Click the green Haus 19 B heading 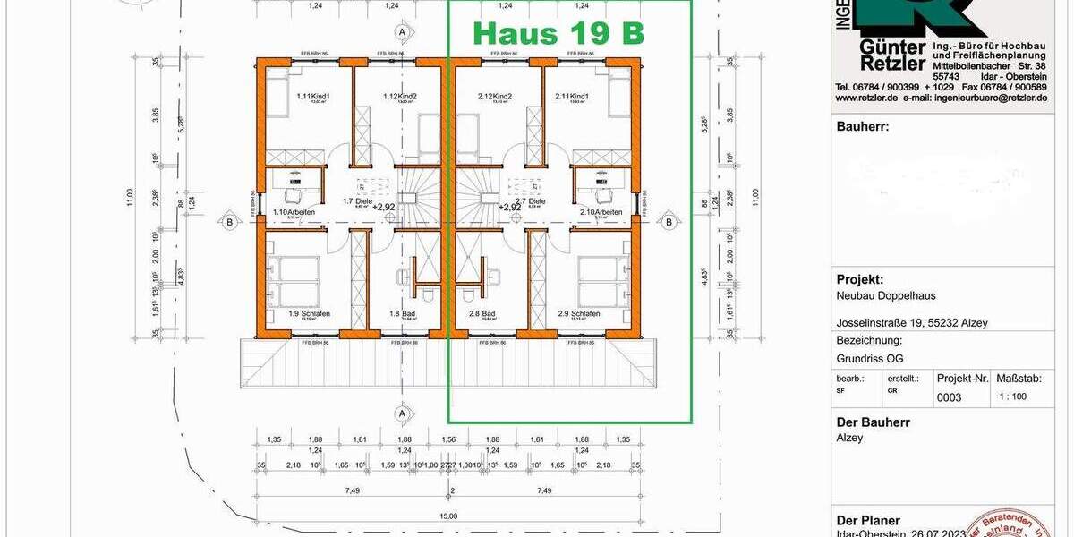click(x=558, y=33)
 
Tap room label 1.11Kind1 click(x=313, y=97)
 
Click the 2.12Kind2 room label click(x=495, y=97)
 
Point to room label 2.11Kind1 click(x=572, y=97)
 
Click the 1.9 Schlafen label click(x=306, y=314)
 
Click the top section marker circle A click(x=403, y=31)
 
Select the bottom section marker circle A click(x=403, y=413)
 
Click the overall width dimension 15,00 click(x=447, y=516)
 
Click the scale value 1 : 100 click(x=1013, y=396)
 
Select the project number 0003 click(x=949, y=396)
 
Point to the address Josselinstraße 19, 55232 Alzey click(x=912, y=323)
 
